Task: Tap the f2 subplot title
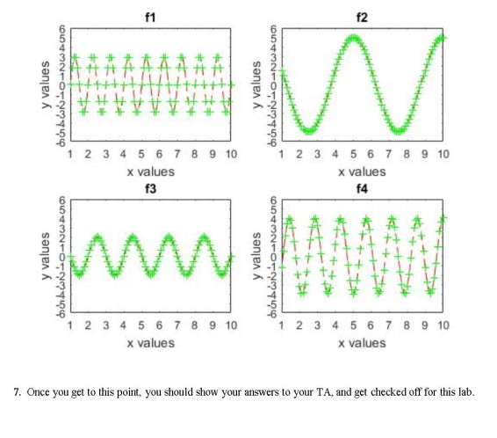(362, 16)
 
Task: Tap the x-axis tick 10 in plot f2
(440, 155)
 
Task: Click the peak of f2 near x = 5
(353, 38)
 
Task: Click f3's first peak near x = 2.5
(97, 237)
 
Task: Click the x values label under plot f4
(362, 342)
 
